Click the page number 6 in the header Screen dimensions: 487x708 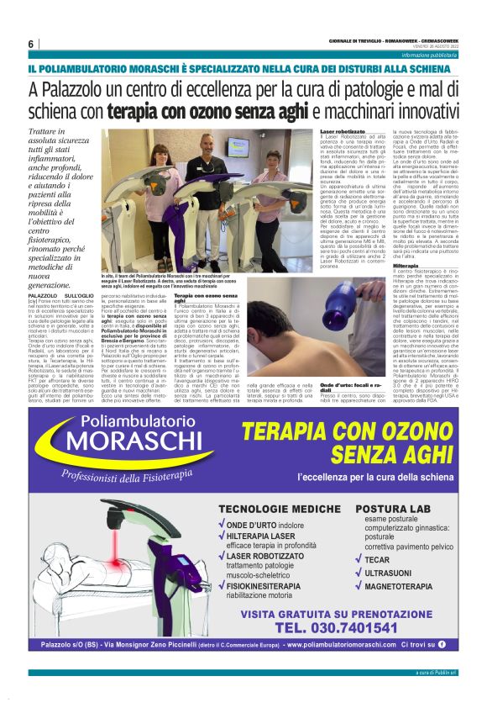pos(30,44)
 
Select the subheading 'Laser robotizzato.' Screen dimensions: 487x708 pos(344,132)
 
